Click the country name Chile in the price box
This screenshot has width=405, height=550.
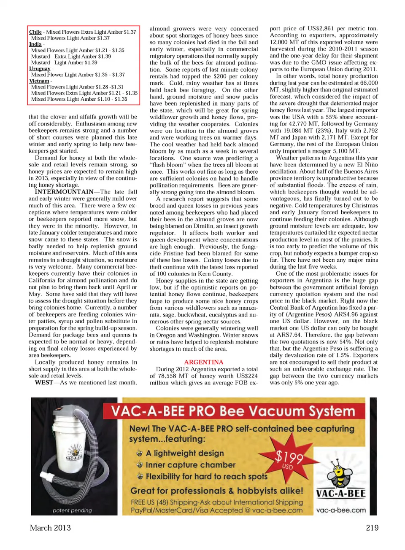pos(35,32)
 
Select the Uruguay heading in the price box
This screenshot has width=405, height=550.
pos(40,69)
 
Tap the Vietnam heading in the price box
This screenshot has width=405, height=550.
pos(39,81)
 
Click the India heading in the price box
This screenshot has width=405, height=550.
pos(35,44)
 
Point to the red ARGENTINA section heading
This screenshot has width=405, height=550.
pos(204,362)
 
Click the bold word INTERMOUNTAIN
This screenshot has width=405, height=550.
pos(64,192)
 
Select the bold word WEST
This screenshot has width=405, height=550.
pos(44,383)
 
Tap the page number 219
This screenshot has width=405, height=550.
pos(372,528)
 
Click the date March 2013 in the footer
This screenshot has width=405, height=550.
pos(50,528)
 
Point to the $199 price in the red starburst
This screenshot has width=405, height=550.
pos(289,457)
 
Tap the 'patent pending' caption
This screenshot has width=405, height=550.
pos(72,510)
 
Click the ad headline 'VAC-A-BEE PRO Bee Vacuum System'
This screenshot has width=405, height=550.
pos(233,411)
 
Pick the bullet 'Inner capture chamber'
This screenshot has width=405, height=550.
pos(190,465)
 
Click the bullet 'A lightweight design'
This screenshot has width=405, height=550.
pos(185,453)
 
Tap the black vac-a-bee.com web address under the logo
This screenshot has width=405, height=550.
pos(341,510)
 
